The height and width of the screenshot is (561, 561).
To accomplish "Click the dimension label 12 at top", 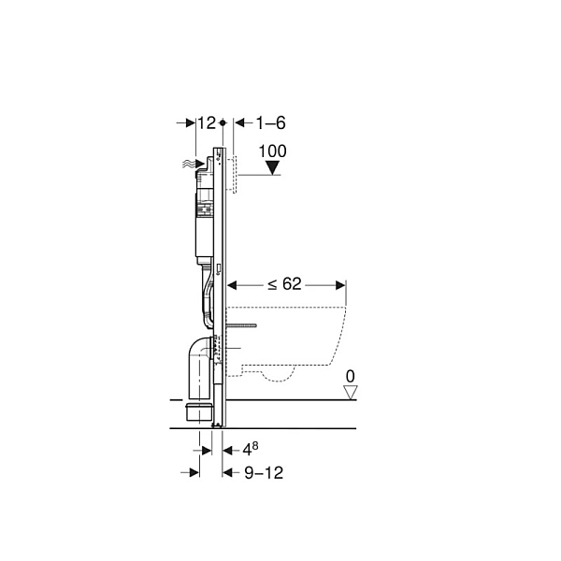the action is pos(207,123).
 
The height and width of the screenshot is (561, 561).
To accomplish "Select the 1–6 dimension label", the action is pos(270,123).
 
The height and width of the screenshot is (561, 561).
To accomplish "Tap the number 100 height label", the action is pos(273,151).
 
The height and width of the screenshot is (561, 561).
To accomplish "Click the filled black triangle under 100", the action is pos(273,167).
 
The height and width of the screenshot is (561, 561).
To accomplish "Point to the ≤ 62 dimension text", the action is pos(285,284).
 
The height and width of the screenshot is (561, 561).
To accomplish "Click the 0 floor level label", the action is pos(351,377).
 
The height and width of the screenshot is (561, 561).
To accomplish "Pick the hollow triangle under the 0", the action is pos(351,392).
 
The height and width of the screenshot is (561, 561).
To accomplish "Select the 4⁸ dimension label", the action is pos(251,450).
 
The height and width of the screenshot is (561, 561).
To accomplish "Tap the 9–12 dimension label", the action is pos(264,473).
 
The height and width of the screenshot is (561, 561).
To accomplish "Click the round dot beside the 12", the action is pos(223,122).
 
